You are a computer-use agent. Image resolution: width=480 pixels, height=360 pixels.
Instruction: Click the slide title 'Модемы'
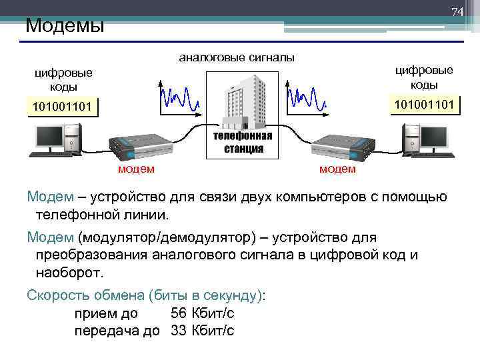click(x=65, y=27)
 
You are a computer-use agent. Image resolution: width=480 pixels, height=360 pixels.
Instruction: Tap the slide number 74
click(x=457, y=13)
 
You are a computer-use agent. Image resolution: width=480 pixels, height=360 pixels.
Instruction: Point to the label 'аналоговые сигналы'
click(x=237, y=58)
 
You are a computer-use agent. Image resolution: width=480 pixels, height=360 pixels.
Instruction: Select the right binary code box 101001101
click(x=424, y=104)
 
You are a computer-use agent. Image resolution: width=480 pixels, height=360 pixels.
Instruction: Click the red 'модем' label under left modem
click(x=136, y=169)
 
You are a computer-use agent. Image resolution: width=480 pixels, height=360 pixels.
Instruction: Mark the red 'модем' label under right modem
click(x=337, y=169)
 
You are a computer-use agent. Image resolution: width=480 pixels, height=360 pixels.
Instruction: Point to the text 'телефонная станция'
click(x=243, y=142)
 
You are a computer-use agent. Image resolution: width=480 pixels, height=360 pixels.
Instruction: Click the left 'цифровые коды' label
click(x=64, y=80)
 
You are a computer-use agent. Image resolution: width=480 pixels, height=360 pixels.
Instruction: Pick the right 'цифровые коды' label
click(x=424, y=77)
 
